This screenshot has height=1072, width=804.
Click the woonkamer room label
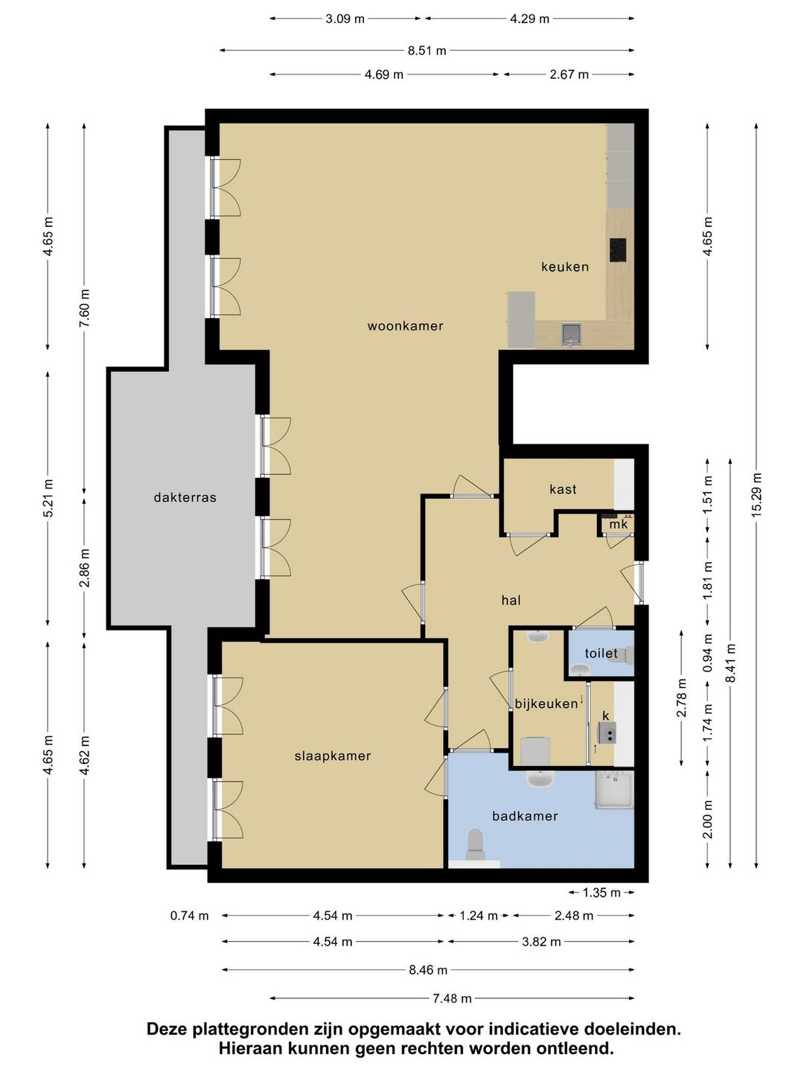click(405, 326)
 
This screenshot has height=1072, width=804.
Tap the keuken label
click(565, 267)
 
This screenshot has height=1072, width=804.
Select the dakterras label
click(185, 498)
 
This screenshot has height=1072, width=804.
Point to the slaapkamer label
click(333, 756)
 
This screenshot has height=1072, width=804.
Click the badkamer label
click(525, 816)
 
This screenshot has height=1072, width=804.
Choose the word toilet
click(601, 653)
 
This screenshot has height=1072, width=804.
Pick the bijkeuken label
click(546, 703)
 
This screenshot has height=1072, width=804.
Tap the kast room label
click(563, 489)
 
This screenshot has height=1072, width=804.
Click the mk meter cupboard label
click(619, 525)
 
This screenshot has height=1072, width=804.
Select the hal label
click(511, 600)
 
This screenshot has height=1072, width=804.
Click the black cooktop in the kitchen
click(618, 251)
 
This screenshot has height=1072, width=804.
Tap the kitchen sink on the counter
click(572, 334)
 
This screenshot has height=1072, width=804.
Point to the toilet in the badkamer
click(475, 844)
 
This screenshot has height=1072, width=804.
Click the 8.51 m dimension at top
click(427, 51)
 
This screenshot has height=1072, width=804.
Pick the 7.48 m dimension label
click(453, 998)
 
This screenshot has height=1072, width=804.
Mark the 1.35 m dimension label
click(602, 893)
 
